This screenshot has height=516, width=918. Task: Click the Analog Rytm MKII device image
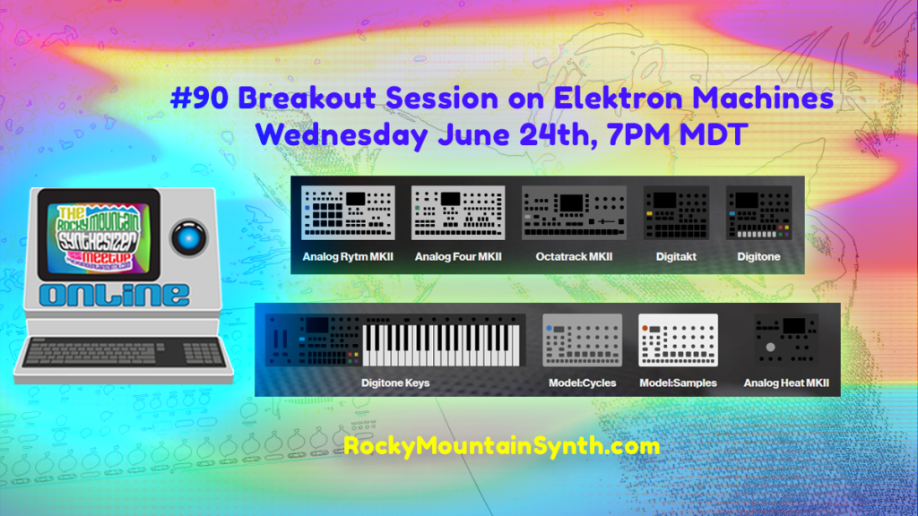[347, 213]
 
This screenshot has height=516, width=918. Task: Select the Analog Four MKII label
[457, 257]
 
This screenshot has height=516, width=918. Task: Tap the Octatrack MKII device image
[574, 213]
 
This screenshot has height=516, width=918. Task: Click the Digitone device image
[758, 213]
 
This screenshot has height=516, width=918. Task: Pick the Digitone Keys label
[395, 383]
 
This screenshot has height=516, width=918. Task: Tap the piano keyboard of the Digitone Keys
[440, 345]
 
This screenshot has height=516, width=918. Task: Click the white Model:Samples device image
[678, 341]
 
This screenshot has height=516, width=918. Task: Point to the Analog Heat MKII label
[786, 383]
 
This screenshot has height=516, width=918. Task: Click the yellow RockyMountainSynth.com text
[501, 445]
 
